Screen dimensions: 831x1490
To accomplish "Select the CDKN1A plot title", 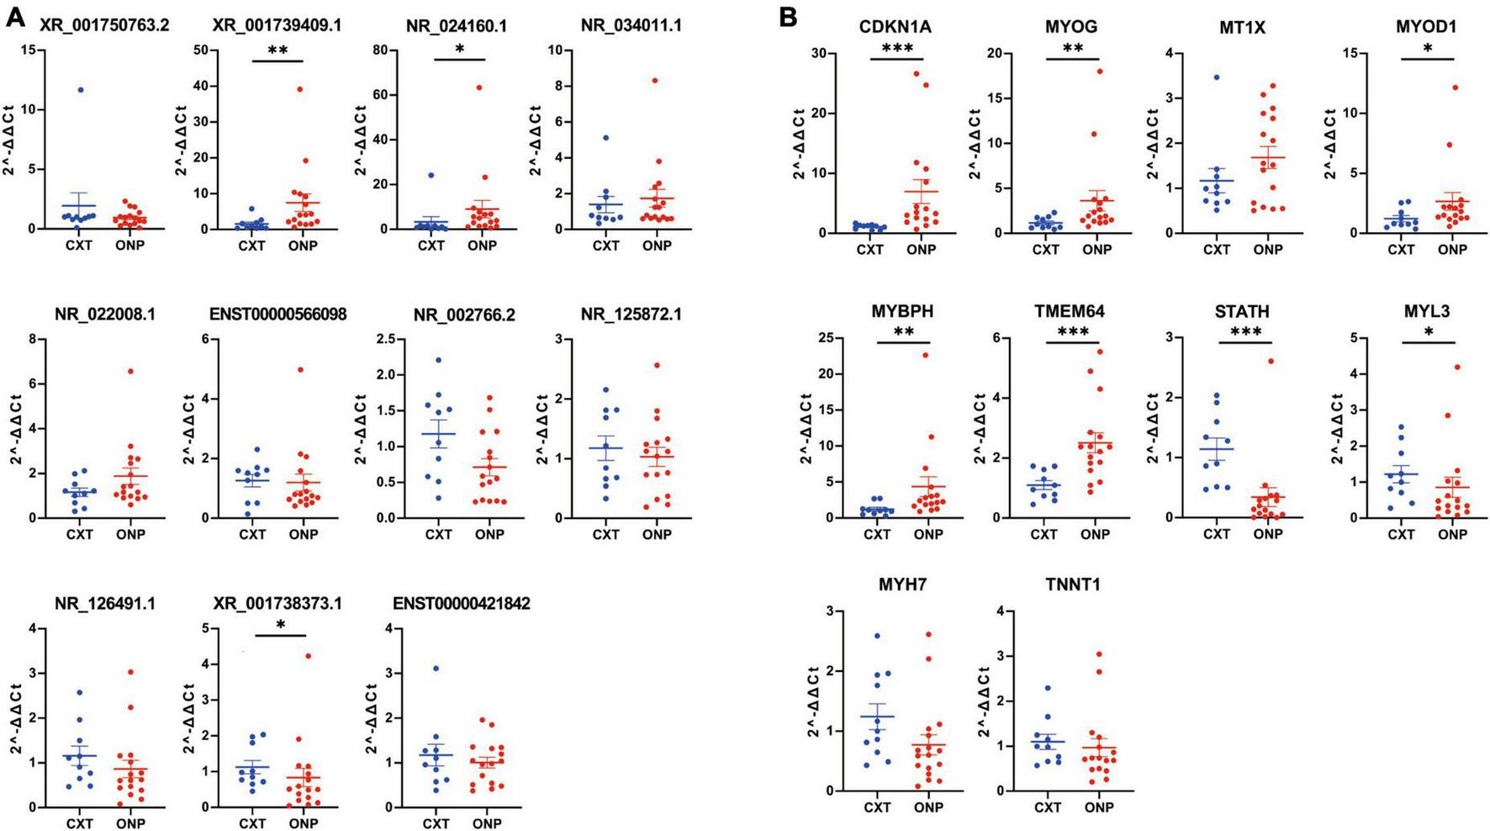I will [895, 28].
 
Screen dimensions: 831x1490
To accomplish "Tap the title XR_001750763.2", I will [104, 26].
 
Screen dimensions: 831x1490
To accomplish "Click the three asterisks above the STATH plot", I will [1245, 332].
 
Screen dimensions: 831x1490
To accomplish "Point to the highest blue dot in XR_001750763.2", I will [82, 90].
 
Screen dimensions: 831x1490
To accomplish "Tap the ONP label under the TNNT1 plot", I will [1098, 807].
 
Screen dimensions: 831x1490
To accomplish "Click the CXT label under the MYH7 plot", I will [876, 807].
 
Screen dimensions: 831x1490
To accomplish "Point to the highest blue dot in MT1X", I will [1216, 77].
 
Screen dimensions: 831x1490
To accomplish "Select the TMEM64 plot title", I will [1070, 312].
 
